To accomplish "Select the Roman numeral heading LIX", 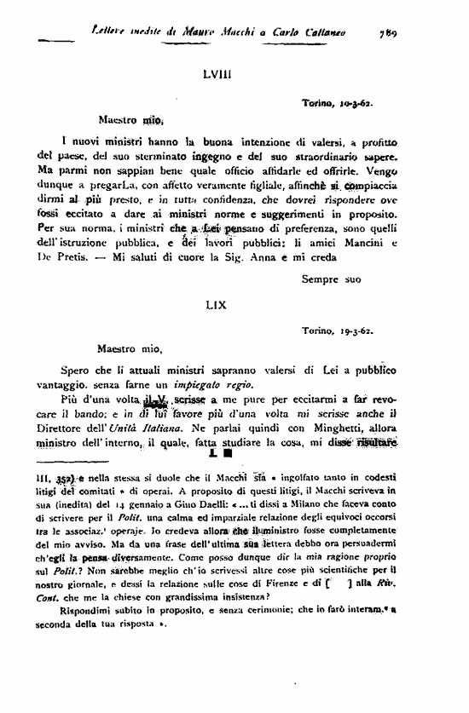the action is (x=216, y=303).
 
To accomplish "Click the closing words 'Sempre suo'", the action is (x=332, y=278).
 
